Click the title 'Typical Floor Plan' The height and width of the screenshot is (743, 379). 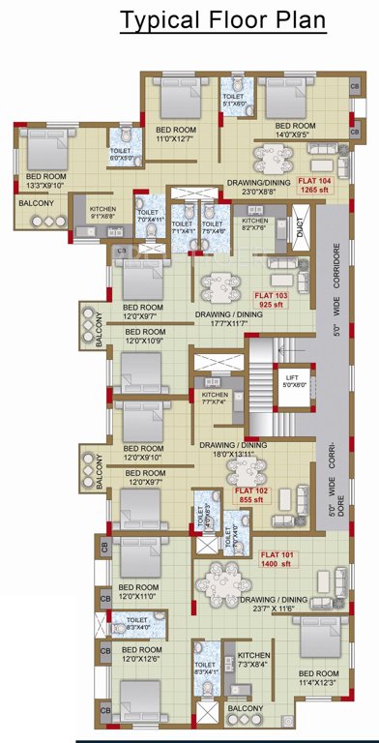[222, 20]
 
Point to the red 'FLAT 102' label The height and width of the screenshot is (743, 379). [251, 490]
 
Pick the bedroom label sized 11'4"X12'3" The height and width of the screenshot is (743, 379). [318, 678]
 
